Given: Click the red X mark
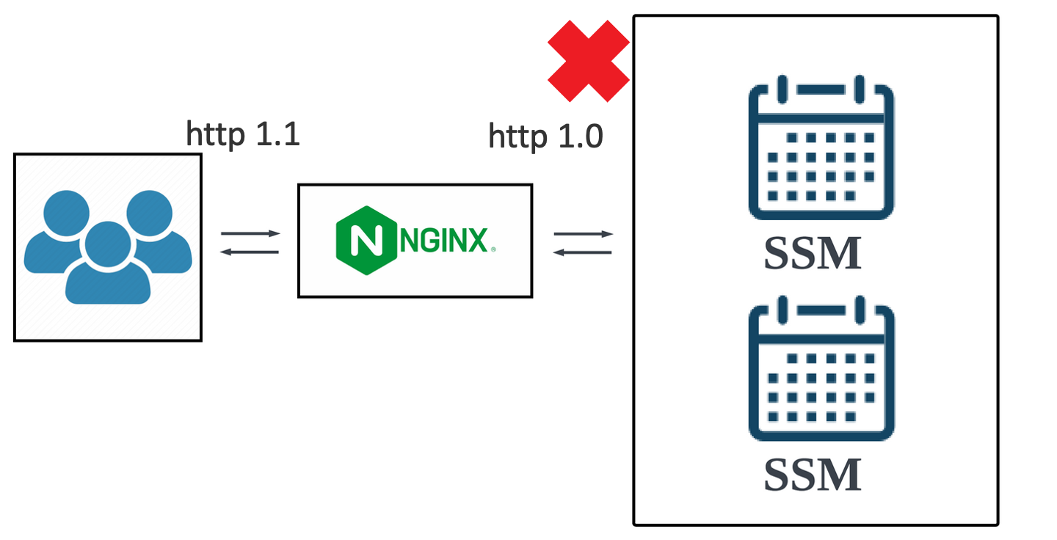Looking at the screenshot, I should tap(589, 60).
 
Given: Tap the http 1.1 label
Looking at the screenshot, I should tap(243, 134).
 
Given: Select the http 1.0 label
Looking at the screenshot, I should tap(545, 136).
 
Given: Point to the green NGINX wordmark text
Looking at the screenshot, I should tap(444, 240).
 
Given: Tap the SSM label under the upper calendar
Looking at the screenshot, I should tap(812, 254).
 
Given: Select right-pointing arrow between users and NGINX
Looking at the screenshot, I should tap(250, 234).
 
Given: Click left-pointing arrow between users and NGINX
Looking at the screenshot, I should tap(250, 252).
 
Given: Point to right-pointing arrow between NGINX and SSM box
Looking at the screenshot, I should tap(583, 234).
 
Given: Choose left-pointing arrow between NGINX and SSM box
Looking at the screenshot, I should tap(583, 252).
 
